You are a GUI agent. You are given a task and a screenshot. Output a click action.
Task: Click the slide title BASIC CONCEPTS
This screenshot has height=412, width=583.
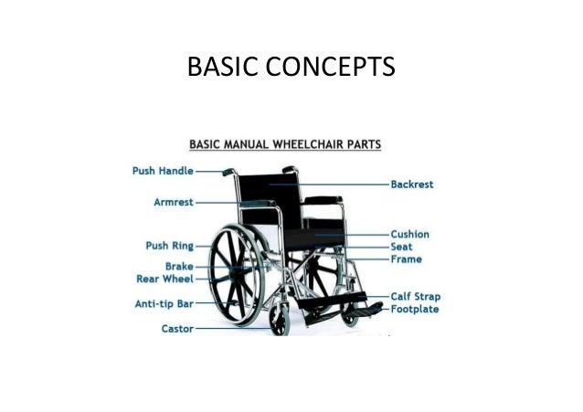291,67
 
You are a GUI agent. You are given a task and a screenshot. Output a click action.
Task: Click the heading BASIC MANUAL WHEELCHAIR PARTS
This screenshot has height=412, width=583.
285,143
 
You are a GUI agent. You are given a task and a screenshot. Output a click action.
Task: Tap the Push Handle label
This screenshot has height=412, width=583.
161,171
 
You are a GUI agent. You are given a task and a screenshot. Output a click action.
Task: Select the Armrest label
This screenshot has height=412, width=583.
173,202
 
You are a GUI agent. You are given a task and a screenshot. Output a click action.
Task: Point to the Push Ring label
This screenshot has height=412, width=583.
169,246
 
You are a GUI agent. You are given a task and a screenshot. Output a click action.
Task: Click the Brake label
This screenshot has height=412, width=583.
179,266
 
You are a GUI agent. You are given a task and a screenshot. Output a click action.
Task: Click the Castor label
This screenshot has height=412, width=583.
177,328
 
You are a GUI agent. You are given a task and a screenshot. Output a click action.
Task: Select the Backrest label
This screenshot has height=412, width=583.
411,184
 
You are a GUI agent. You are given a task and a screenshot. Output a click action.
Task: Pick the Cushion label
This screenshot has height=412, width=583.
409,234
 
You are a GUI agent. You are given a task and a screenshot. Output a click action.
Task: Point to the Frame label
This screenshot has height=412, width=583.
406,259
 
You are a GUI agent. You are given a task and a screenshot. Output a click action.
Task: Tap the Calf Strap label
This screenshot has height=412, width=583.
415,296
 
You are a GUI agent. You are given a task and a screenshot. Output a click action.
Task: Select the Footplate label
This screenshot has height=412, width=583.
415,309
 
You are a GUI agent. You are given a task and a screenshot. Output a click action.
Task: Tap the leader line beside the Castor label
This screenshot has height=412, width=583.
210,328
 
